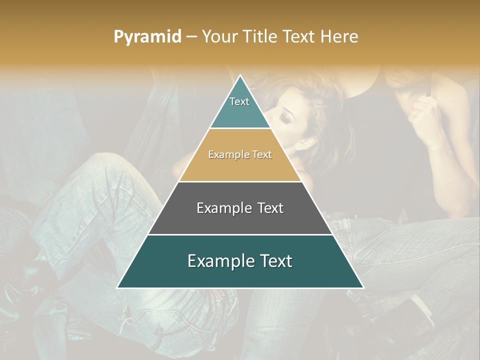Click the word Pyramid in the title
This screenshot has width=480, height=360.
pos(147,37)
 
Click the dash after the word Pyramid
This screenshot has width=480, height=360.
pos(191,37)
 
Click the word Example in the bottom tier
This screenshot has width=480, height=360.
pos(219,261)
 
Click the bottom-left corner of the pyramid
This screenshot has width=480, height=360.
pos(117,287)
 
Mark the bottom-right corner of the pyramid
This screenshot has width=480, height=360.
pos(363,287)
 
